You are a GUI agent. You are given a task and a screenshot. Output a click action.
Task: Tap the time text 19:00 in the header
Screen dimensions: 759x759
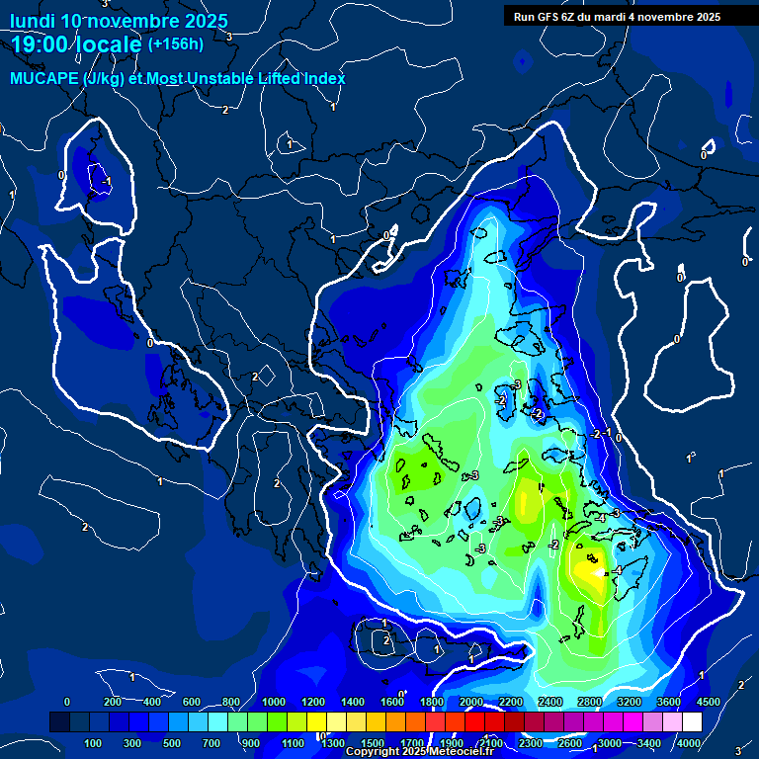pos(42,44)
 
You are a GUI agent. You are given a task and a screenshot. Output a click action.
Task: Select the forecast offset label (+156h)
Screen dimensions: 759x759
pos(175,44)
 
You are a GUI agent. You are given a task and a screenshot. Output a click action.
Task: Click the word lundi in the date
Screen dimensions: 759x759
pos(31,21)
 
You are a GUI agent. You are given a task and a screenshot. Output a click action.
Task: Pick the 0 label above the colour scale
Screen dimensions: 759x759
pos(67,702)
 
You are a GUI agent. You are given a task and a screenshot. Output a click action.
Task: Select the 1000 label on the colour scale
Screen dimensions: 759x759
pos(273,702)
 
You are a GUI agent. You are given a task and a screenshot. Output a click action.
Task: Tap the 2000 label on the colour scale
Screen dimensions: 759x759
pos(471,702)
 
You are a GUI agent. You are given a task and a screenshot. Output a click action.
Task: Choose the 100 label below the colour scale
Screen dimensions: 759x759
pos(94,743)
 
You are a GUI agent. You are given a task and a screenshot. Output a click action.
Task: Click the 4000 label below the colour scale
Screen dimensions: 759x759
pos(688,743)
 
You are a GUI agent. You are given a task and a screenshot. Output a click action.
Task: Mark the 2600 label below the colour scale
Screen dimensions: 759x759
pos(569,743)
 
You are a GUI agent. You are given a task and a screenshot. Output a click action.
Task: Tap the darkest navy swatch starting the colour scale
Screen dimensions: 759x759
pos(59,722)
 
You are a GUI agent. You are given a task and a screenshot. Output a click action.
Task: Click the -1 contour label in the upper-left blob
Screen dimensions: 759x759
pos(105,181)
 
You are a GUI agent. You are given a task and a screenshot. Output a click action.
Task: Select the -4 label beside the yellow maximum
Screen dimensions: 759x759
pos(617,570)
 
